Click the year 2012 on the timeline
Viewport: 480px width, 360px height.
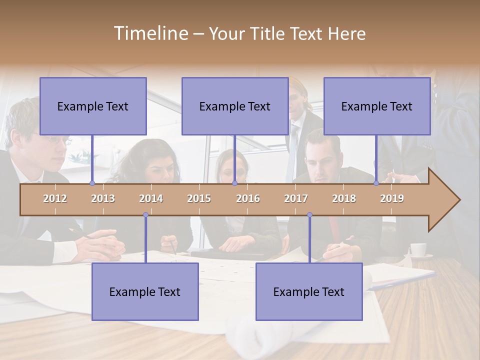click(x=55, y=198)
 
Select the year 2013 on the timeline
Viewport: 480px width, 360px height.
click(x=103, y=198)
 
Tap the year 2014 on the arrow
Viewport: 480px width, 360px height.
click(x=151, y=198)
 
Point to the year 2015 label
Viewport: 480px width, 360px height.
click(x=199, y=198)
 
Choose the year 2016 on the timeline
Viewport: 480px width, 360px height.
click(x=248, y=198)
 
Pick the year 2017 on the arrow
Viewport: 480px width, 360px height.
click(x=296, y=198)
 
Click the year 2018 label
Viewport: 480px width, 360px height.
click(x=344, y=198)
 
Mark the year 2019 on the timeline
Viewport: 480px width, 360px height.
click(x=392, y=198)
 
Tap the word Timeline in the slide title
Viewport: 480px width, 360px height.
click(x=150, y=33)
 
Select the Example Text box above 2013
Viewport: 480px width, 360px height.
click(x=93, y=106)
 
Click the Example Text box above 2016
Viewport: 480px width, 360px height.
click(x=235, y=106)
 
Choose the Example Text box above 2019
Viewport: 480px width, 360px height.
click(x=377, y=106)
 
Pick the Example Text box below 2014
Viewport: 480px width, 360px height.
click(x=145, y=291)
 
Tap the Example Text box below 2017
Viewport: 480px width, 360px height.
click(x=309, y=291)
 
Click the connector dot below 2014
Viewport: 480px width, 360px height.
click(x=145, y=215)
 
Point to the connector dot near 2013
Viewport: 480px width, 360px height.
click(x=92, y=183)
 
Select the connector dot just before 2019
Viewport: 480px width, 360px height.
click(x=376, y=183)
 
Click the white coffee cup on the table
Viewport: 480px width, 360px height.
click(x=418, y=249)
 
